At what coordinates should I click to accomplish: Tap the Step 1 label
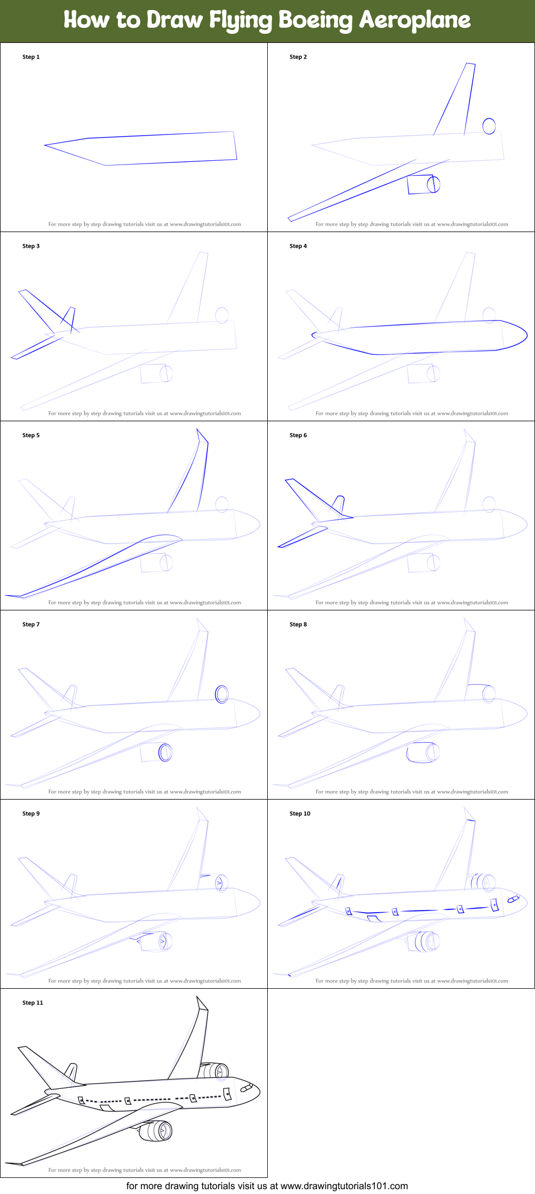(x=31, y=57)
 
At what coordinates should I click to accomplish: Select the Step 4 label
(x=298, y=246)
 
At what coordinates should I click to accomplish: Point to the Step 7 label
(x=31, y=624)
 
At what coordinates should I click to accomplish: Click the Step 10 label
(x=300, y=814)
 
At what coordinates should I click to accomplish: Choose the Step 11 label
(x=33, y=1003)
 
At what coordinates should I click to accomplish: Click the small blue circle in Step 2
(x=489, y=126)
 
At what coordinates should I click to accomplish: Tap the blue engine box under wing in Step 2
(x=422, y=184)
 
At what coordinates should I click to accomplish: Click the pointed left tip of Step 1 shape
(x=45, y=145)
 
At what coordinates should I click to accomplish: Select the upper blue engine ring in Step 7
(x=222, y=694)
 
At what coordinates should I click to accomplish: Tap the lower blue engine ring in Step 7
(x=165, y=752)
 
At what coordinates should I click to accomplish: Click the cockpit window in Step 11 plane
(x=246, y=1087)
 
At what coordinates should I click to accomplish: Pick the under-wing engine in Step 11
(x=156, y=1131)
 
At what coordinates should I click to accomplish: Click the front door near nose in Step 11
(x=227, y=1093)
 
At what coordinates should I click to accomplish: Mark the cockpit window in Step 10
(x=513, y=898)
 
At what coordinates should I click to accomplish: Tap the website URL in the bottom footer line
(x=344, y=1186)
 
